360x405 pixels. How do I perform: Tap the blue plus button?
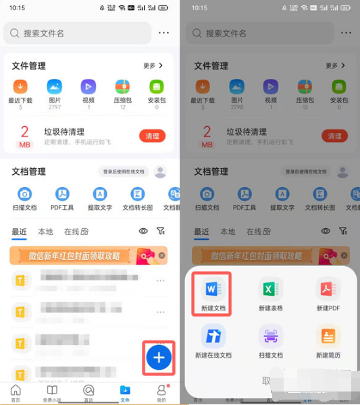[x=159, y=358]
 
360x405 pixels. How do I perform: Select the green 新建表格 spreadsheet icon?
[x=270, y=290]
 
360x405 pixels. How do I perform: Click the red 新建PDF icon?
[x=328, y=290]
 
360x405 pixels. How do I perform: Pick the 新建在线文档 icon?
[x=213, y=336]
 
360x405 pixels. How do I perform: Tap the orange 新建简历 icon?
[x=328, y=336]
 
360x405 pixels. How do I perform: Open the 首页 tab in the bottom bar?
[x=16, y=391]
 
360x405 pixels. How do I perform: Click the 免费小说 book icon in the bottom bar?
[x=52, y=391]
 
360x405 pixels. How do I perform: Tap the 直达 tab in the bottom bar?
[x=88, y=391]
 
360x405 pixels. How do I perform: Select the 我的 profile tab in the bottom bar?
[x=161, y=391]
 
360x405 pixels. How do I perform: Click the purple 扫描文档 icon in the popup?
[x=270, y=336]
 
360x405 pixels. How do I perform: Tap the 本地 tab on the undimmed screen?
[x=45, y=232]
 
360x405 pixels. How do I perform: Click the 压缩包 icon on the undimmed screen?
[x=122, y=86]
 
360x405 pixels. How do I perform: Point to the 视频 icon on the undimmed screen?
[x=88, y=86]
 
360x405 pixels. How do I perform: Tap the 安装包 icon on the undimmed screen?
[x=157, y=86]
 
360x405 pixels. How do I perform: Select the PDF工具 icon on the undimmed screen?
[x=62, y=194]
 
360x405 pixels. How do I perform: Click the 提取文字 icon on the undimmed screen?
[x=100, y=194]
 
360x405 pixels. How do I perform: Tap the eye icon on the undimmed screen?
[x=143, y=231]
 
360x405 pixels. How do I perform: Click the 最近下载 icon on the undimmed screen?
[x=20, y=86]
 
